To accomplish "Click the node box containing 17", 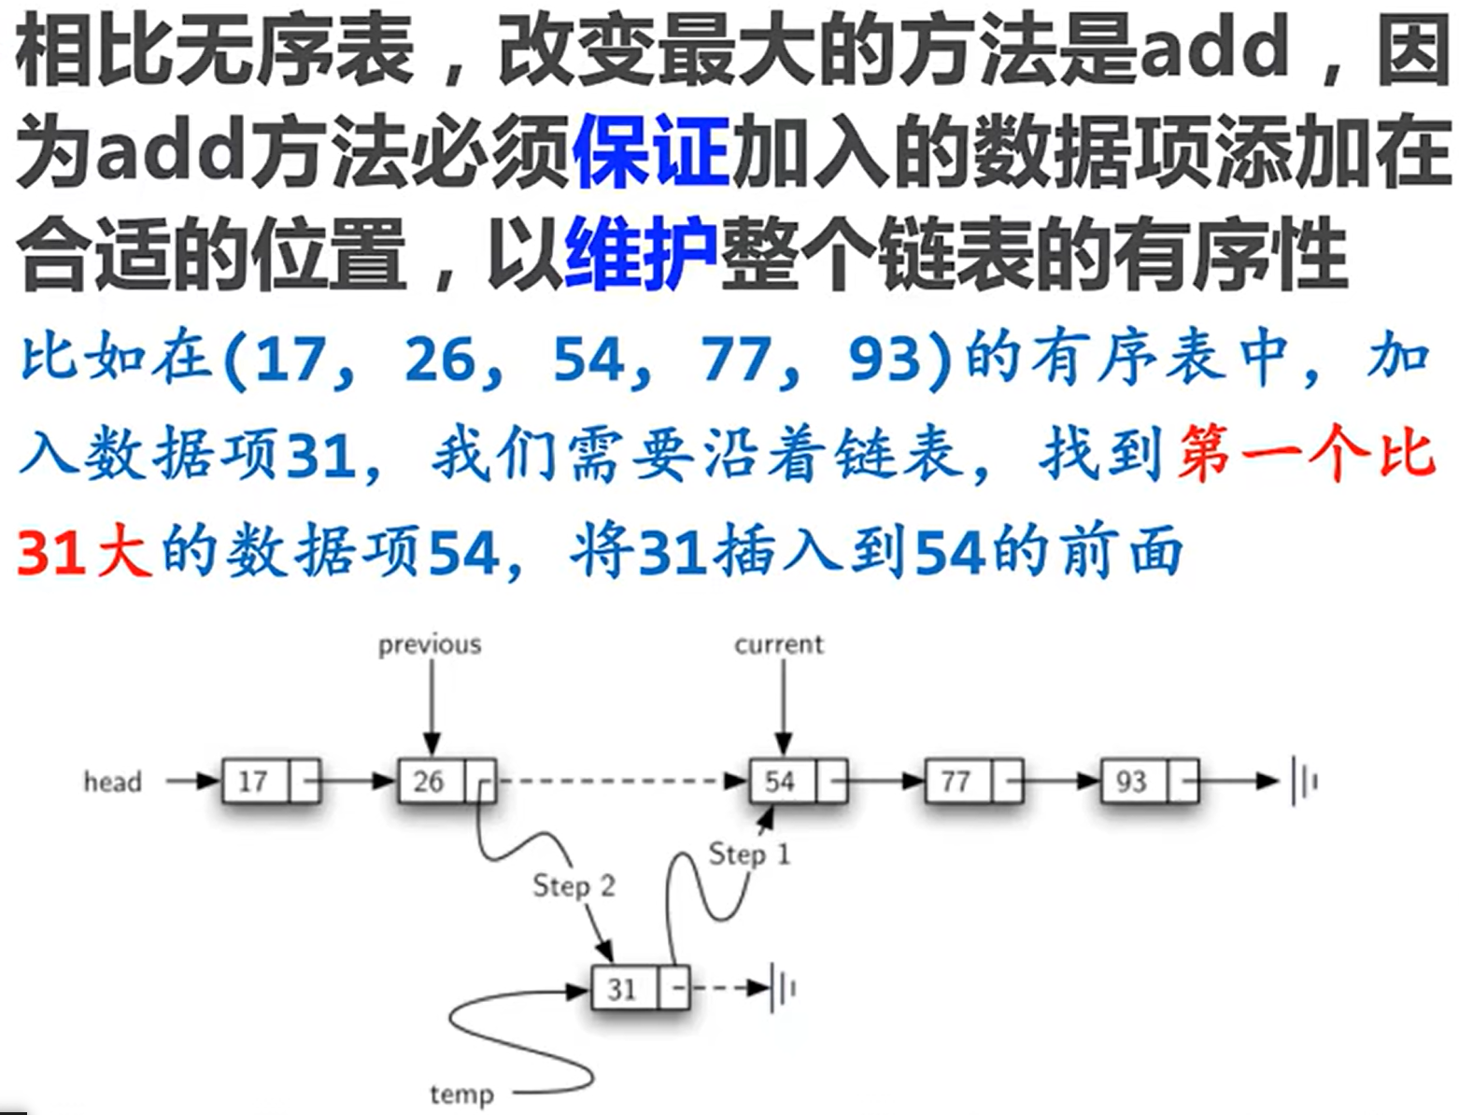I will click(271, 781).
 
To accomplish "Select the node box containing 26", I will click(446, 781).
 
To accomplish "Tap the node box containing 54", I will click(798, 781).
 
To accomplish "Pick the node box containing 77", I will click(973, 781).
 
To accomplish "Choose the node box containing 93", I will click(1149, 781).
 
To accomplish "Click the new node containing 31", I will click(641, 988).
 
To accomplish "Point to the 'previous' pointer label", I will click(430, 644).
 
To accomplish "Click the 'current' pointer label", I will click(779, 644).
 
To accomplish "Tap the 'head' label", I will click(113, 782).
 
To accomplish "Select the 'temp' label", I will click(461, 1094).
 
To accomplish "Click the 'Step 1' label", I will click(749, 854).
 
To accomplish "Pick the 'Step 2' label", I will click(574, 885).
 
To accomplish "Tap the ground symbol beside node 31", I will click(783, 988).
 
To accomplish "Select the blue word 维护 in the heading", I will click(641, 252).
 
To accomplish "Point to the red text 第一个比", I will click(1306, 454).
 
